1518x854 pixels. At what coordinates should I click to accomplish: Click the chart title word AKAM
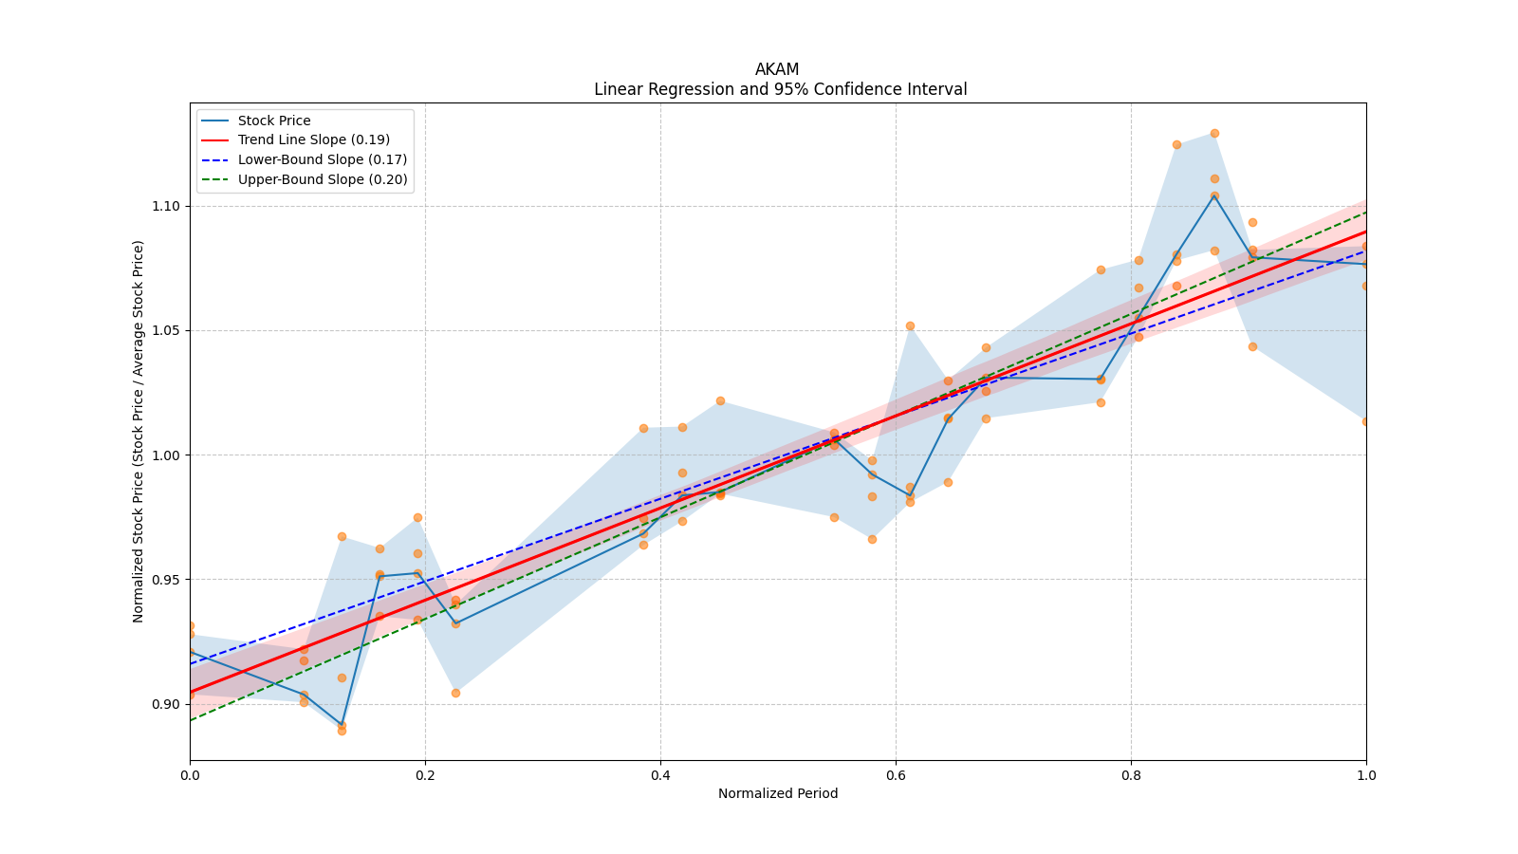777,69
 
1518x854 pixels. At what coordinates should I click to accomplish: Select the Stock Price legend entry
274,121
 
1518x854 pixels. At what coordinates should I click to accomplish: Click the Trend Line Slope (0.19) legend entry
313,140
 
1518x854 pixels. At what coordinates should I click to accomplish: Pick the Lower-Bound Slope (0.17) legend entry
322,160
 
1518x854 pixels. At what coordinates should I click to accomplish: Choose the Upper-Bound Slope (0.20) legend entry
323,179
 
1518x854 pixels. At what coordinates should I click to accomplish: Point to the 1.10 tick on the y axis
166,206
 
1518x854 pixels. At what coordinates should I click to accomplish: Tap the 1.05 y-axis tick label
166,330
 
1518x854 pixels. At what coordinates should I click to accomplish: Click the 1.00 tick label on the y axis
166,455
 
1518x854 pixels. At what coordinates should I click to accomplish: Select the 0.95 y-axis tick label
166,580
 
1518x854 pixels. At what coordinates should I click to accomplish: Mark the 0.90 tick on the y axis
166,704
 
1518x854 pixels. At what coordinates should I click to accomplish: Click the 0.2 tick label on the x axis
425,775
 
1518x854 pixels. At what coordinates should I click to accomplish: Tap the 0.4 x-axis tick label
660,775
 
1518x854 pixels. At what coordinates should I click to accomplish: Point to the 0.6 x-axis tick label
896,775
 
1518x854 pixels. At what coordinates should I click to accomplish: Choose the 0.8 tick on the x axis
1131,775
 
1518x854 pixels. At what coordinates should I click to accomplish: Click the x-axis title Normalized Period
778,793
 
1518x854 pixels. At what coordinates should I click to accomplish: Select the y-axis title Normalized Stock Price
139,431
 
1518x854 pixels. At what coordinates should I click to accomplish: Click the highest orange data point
1214,133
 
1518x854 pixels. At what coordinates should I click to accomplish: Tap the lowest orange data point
342,731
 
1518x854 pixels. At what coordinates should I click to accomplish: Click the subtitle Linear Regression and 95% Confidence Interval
780,89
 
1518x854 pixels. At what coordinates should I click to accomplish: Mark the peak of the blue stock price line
1214,195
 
